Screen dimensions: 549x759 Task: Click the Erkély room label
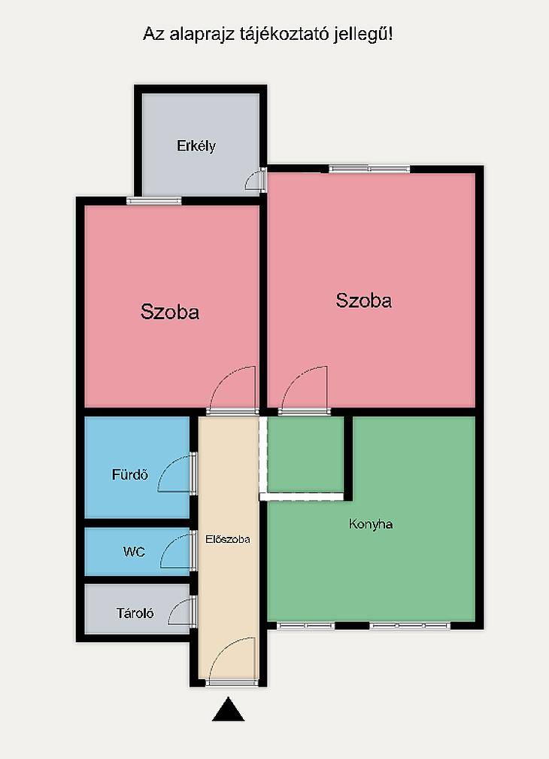[x=196, y=146]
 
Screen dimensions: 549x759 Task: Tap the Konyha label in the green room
[x=371, y=524]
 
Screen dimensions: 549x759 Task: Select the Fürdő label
[x=129, y=474]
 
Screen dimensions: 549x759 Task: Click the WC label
[x=134, y=552]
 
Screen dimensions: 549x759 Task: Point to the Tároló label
[x=135, y=613]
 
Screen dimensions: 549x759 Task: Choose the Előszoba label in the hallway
[x=228, y=539]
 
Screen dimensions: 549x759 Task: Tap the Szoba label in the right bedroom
[x=363, y=300]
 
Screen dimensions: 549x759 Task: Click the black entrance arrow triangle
[x=228, y=709]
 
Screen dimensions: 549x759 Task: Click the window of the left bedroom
[x=154, y=201]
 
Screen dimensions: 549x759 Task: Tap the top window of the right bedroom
[x=370, y=169]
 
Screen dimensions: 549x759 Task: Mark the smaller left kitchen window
[x=305, y=626]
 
